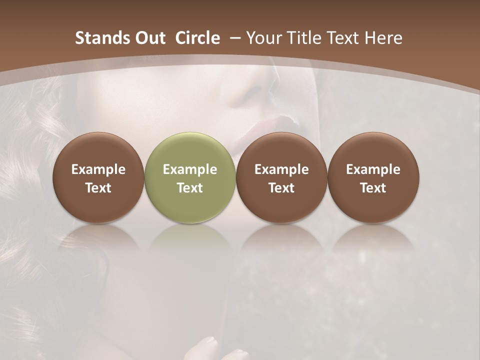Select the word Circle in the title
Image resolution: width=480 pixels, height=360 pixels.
click(x=197, y=38)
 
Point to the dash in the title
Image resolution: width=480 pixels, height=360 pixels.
click(x=234, y=38)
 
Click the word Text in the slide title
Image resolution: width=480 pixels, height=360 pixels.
click(x=344, y=38)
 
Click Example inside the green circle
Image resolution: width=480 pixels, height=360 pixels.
click(x=190, y=169)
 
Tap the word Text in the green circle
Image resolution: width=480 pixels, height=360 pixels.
click(x=190, y=188)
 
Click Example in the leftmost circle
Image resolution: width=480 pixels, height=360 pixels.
click(x=98, y=169)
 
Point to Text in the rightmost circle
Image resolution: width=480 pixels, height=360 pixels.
click(x=373, y=188)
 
